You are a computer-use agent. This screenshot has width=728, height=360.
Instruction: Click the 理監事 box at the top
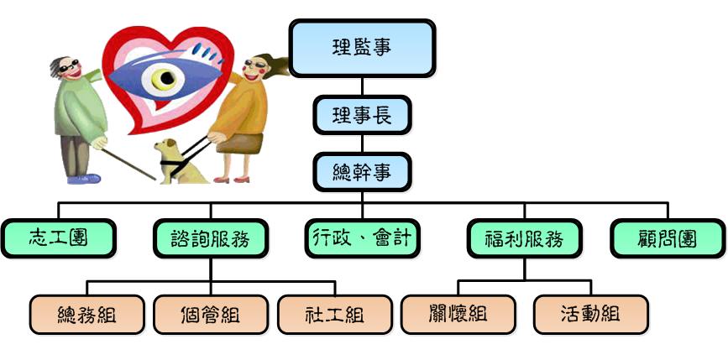362,48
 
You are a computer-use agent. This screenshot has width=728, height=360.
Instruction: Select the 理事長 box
362,115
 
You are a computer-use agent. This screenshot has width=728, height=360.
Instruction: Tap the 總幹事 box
362,173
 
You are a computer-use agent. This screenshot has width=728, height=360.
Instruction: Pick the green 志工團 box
59,238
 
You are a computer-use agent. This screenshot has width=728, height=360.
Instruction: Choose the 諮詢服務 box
210,238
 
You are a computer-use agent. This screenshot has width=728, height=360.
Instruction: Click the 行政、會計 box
362,238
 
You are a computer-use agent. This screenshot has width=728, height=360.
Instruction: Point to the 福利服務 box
525,238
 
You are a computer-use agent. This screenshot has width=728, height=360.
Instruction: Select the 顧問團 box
668,238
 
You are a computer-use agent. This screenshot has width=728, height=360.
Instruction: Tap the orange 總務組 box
86,315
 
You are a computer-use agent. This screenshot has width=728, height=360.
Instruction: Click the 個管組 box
211,315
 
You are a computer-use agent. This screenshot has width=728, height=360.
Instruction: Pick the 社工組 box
335,315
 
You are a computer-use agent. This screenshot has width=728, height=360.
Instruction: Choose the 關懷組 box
458,315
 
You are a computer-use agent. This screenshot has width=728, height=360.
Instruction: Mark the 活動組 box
591,315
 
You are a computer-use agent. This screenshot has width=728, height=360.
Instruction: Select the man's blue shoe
84,179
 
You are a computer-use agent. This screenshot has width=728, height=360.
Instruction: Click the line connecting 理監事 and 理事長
362,86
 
